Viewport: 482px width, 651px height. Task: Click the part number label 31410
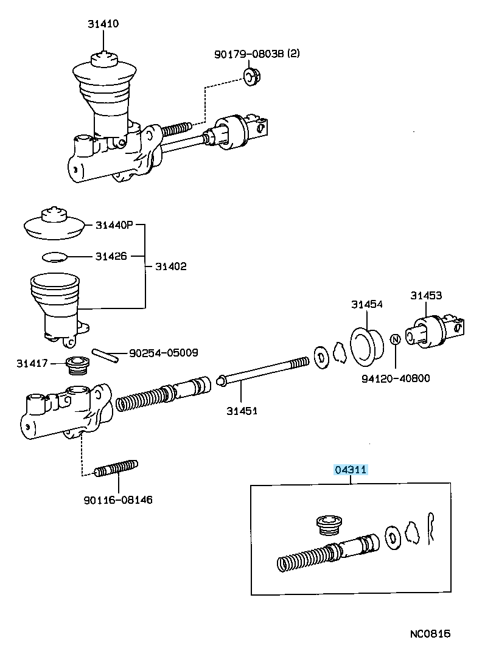[102, 24]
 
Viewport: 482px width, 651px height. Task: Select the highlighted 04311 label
[350, 470]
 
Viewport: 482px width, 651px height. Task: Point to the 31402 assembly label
[170, 266]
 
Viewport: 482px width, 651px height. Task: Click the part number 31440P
[114, 225]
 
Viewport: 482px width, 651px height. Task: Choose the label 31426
[111, 256]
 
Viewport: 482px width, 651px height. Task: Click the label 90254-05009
[163, 352]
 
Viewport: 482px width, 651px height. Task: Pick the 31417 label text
[32, 364]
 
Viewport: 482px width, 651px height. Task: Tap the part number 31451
[242, 411]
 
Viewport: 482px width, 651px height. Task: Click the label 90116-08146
[118, 500]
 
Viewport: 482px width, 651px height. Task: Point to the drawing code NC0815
[430, 634]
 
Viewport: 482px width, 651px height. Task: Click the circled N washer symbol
[394, 339]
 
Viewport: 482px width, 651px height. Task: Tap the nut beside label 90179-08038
[250, 76]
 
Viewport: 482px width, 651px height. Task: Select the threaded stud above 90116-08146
[116, 469]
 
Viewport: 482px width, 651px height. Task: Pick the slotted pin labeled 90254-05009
[105, 355]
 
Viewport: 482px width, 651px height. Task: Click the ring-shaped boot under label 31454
[366, 347]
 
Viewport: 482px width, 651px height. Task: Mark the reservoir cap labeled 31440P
[54, 225]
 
